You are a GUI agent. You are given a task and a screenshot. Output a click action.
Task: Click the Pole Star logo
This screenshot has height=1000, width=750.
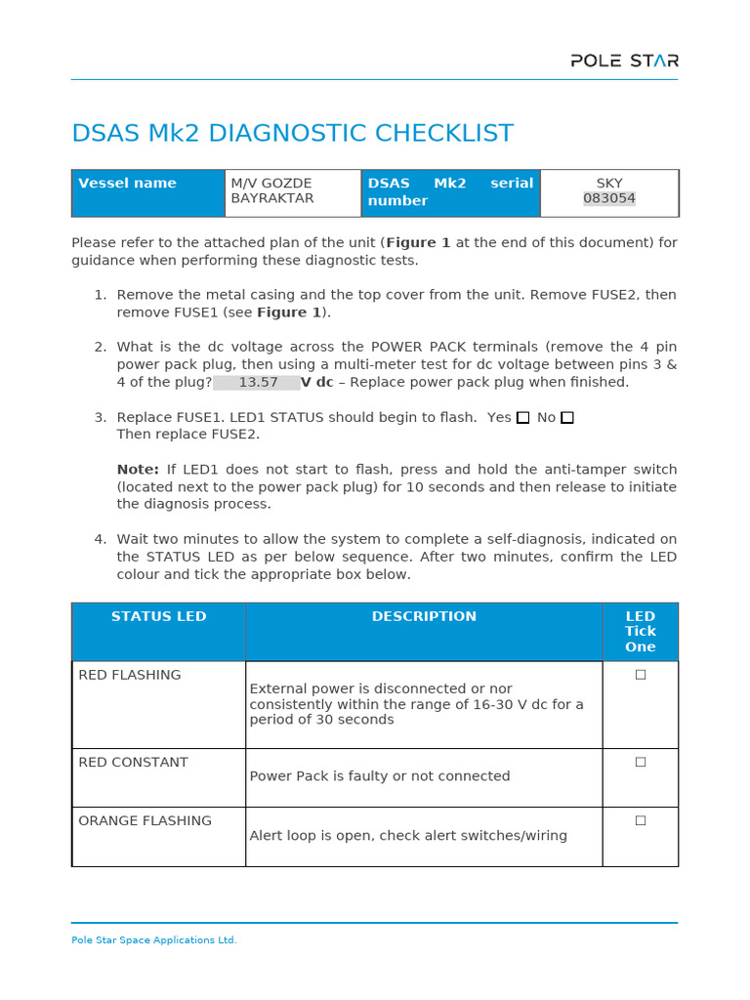point(624,61)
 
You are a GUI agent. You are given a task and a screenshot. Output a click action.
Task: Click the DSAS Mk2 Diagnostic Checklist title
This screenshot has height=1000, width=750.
point(292,134)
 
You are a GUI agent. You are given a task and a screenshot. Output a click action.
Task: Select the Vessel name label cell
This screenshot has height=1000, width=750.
point(127,184)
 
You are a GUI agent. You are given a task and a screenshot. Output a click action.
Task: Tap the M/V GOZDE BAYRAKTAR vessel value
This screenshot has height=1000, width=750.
point(271,191)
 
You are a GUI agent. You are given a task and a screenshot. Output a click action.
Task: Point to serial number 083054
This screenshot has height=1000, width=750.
point(609,198)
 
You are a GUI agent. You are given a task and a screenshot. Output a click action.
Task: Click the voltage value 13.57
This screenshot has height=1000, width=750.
point(258,383)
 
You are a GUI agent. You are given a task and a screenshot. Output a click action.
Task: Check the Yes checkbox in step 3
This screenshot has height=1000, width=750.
point(523,418)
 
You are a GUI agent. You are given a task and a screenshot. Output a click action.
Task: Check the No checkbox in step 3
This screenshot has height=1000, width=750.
point(567,418)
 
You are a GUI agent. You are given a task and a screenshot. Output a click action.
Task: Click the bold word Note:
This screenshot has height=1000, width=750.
point(138,470)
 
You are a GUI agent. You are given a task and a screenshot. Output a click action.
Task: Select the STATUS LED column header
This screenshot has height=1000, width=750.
point(158,617)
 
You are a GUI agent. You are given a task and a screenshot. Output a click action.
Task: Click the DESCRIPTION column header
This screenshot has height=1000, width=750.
point(424,617)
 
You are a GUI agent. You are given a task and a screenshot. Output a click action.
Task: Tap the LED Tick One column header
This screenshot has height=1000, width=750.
point(640,632)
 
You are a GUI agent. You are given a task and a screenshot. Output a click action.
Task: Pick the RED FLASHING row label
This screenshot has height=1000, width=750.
point(130,675)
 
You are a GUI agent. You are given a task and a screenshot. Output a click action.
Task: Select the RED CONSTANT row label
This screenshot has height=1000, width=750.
point(133,763)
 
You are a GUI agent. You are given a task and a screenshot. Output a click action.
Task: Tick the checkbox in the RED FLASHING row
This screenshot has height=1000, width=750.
point(641,675)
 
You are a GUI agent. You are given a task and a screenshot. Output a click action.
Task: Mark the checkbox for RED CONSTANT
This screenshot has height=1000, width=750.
point(641,762)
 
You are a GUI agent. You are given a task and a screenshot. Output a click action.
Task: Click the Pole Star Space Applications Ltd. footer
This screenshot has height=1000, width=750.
point(154,940)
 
